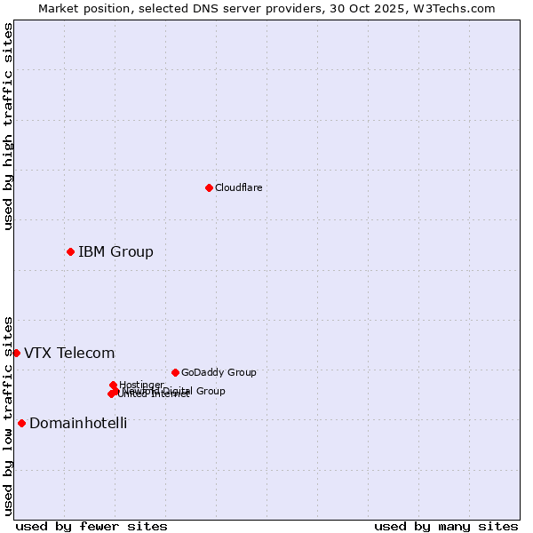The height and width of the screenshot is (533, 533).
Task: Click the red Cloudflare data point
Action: pos(209,187)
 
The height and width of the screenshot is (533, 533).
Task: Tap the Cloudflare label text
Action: pos(238,187)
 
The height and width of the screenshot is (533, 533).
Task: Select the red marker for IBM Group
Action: pos(70,251)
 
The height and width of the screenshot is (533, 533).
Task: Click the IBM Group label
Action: pos(115,251)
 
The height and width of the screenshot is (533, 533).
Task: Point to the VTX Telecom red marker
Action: pos(16,353)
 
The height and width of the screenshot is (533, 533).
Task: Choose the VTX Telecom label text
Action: pos(69,353)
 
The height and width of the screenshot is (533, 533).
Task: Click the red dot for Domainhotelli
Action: pos(21,423)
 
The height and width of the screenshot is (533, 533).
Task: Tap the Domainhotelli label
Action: pos(78,423)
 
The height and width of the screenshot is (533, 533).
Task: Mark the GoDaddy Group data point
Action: pos(175,372)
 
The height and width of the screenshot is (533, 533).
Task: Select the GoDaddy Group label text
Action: pos(219,372)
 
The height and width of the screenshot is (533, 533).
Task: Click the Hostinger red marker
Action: pos(113,385)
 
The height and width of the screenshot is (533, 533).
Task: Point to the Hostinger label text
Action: pos(142,385)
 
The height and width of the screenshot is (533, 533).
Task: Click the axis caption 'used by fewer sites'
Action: pos(91,526)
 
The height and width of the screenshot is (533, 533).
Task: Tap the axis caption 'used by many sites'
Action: pos(446,526)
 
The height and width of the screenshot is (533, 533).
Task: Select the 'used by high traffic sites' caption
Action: pos(8,126)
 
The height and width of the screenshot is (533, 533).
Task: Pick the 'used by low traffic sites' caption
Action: pos(8,416)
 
